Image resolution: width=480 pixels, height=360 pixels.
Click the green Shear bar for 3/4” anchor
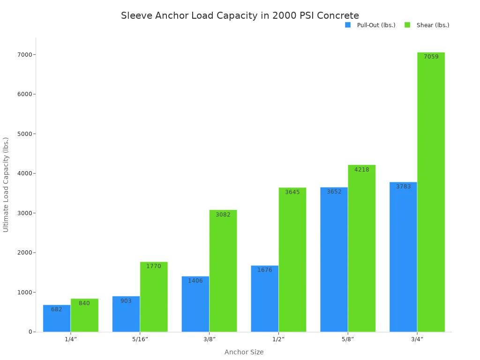(431, 192)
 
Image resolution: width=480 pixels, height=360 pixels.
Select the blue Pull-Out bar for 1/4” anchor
(57, 319)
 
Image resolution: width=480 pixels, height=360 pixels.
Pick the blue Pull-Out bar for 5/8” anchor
(334, 260)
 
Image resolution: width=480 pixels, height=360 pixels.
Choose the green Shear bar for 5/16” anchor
(154, 297)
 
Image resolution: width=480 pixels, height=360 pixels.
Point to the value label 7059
(431, 57)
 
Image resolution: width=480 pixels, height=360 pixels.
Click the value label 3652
(334, 192)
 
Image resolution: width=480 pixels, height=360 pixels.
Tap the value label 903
(126, 301)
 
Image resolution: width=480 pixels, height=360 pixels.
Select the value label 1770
(154, 266)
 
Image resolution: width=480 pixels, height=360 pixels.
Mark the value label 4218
(361, 170)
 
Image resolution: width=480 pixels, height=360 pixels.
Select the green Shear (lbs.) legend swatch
(407, 25)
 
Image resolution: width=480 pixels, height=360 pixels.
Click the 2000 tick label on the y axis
(24, 253)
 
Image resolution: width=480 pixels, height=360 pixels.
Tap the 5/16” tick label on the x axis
(140, 339)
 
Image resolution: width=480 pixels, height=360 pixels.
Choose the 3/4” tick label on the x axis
(417, 339)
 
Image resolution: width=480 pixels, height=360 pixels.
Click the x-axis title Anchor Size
(244, 352)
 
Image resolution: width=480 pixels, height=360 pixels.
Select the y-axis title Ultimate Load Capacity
(6, 184)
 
